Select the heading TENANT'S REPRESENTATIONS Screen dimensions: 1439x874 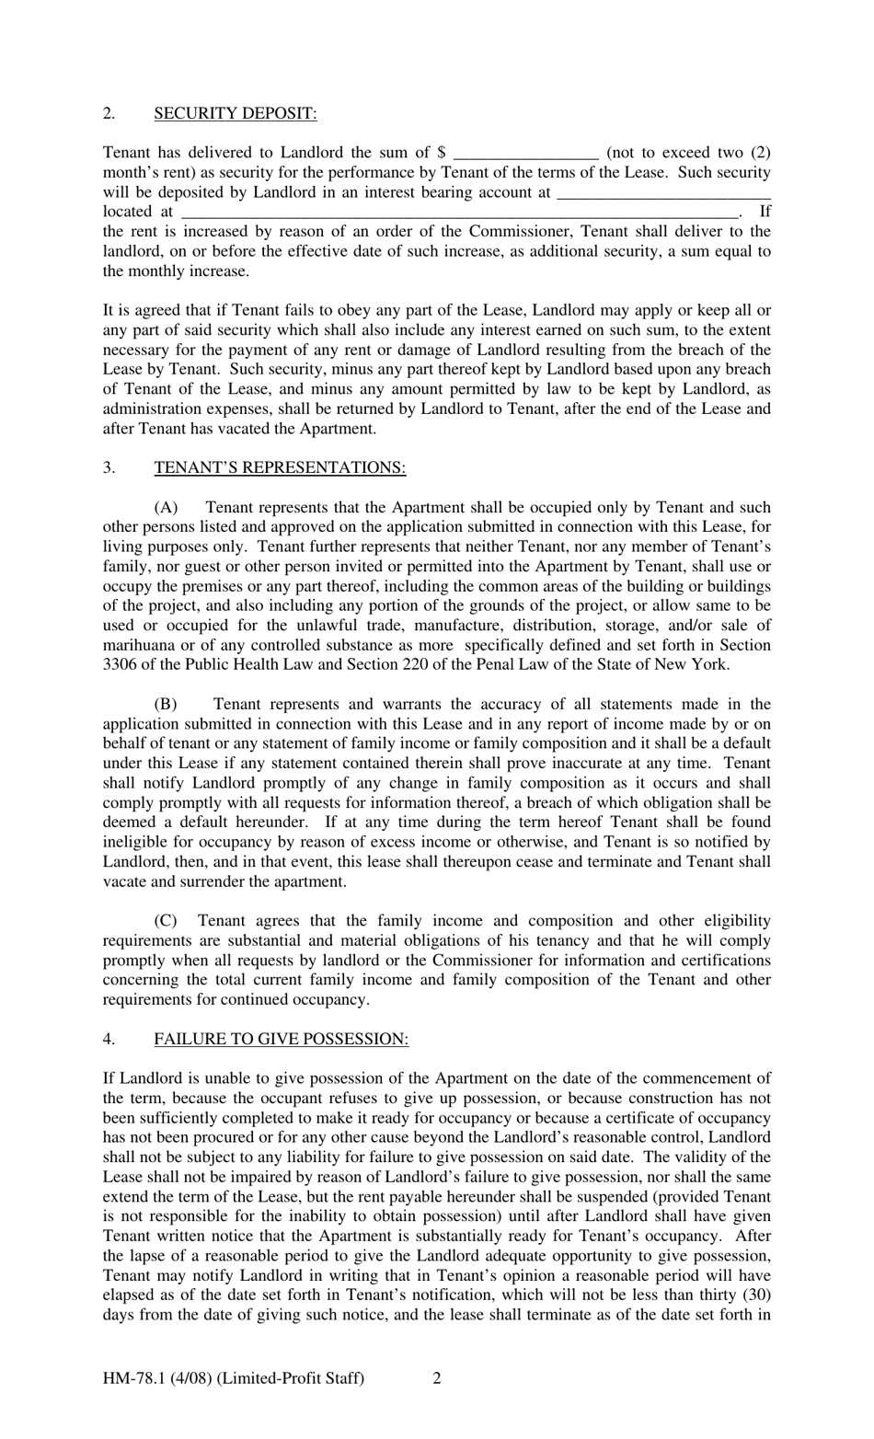click(280, 467)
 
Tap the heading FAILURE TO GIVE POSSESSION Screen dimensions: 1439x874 click(281, 1039)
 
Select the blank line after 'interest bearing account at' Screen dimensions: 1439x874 click(663, 193)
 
